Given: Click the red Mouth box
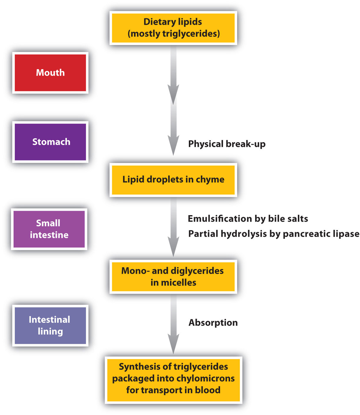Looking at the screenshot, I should tap(50, 73).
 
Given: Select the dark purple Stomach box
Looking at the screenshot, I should tap(50, 142).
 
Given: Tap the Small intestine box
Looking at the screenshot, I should tap(49, 229).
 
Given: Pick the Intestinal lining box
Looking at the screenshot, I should tap(50, 326).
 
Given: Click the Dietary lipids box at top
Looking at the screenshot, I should tap(173, 28).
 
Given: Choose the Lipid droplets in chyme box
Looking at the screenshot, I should tap(173, 180).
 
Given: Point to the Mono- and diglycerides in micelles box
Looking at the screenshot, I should tap(173, 276).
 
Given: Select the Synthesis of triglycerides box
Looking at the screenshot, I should tap(173, 379).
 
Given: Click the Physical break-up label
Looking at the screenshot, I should tap(227, 144).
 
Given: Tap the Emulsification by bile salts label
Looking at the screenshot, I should tap(248, 219).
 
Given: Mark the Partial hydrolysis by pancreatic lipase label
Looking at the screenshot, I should tap(274, 234).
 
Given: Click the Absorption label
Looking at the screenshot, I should tap(213, 323).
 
